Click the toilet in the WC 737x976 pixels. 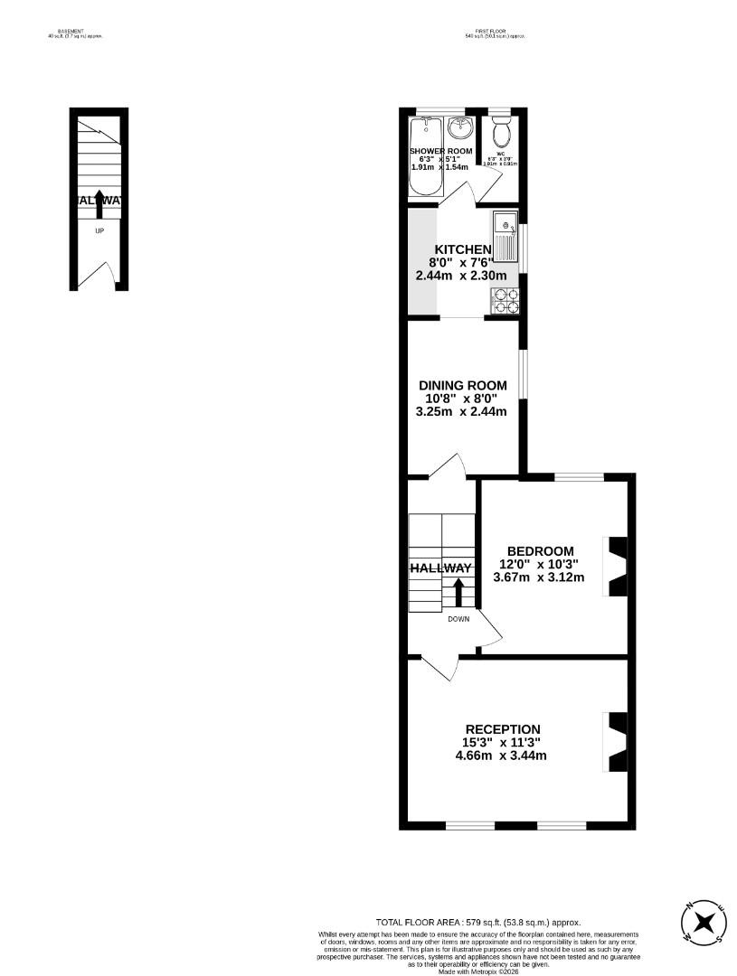[x=503, y=134]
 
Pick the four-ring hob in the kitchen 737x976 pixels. [x=506, y=300]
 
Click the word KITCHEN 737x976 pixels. [x=463, y=249]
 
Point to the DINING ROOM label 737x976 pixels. [x=462, y=385]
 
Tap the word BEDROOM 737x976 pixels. [x=540, y=551]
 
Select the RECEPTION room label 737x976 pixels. [x=503, y=729]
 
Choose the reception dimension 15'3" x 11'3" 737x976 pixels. [x=503, y=743]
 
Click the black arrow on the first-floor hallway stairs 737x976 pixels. [x=458, y=593]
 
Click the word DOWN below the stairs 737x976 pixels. [x=458, y=619]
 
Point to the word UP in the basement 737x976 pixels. [x=99, y=230]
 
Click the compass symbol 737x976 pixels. [x=704, y=923]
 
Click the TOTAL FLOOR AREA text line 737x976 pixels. [x=477, y=923]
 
